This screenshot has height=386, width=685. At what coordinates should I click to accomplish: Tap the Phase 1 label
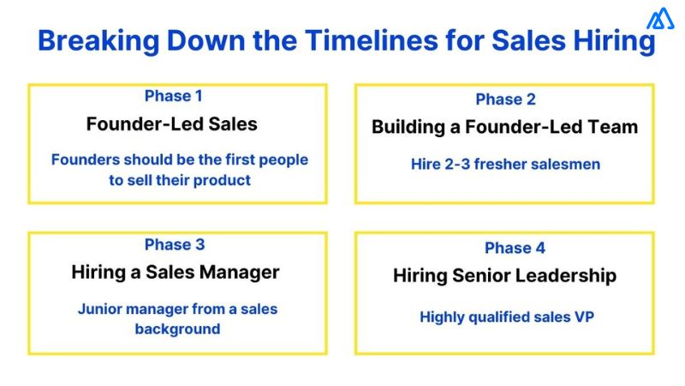tap(174, 96)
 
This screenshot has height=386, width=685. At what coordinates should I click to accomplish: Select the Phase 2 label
tap(505, 100)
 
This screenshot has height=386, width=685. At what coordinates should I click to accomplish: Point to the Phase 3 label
tap(174, 244)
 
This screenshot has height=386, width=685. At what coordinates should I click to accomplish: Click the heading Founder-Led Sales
tap(171, 124)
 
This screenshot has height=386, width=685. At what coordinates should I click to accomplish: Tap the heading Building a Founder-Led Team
tap(504, 127)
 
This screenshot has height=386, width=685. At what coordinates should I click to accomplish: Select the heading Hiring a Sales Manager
tap(176, 273)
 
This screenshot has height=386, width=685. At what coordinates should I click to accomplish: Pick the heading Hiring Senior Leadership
tap(504, 275)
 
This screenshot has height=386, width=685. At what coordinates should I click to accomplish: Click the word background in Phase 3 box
tap(177, 329)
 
